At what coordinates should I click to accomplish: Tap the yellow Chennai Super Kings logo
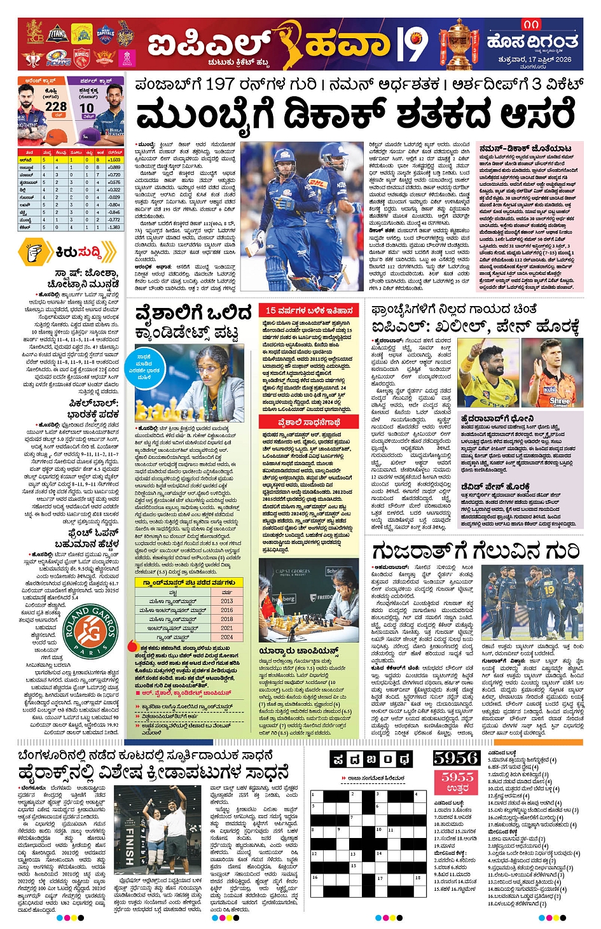[81, 34]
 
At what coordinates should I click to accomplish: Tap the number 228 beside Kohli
[55, 107]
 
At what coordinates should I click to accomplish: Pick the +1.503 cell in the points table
[114, 160]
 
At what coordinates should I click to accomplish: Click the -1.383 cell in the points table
[114, 227]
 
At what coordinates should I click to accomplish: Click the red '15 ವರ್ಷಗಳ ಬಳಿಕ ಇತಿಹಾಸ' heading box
[309, 311]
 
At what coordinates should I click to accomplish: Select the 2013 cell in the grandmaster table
[227, 601]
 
